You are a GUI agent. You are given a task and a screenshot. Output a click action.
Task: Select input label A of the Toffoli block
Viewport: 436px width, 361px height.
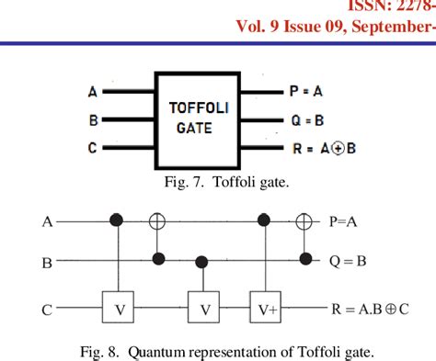(92, 92)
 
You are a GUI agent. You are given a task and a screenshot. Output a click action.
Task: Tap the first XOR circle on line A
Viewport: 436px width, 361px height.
(155, 220)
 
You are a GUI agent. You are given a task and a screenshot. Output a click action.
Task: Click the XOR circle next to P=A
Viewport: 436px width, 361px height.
(304, 220)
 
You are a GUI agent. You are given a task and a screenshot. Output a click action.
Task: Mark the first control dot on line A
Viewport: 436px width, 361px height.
(117, 220)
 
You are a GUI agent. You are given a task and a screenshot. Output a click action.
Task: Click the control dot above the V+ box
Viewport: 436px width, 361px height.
(266, 220)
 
